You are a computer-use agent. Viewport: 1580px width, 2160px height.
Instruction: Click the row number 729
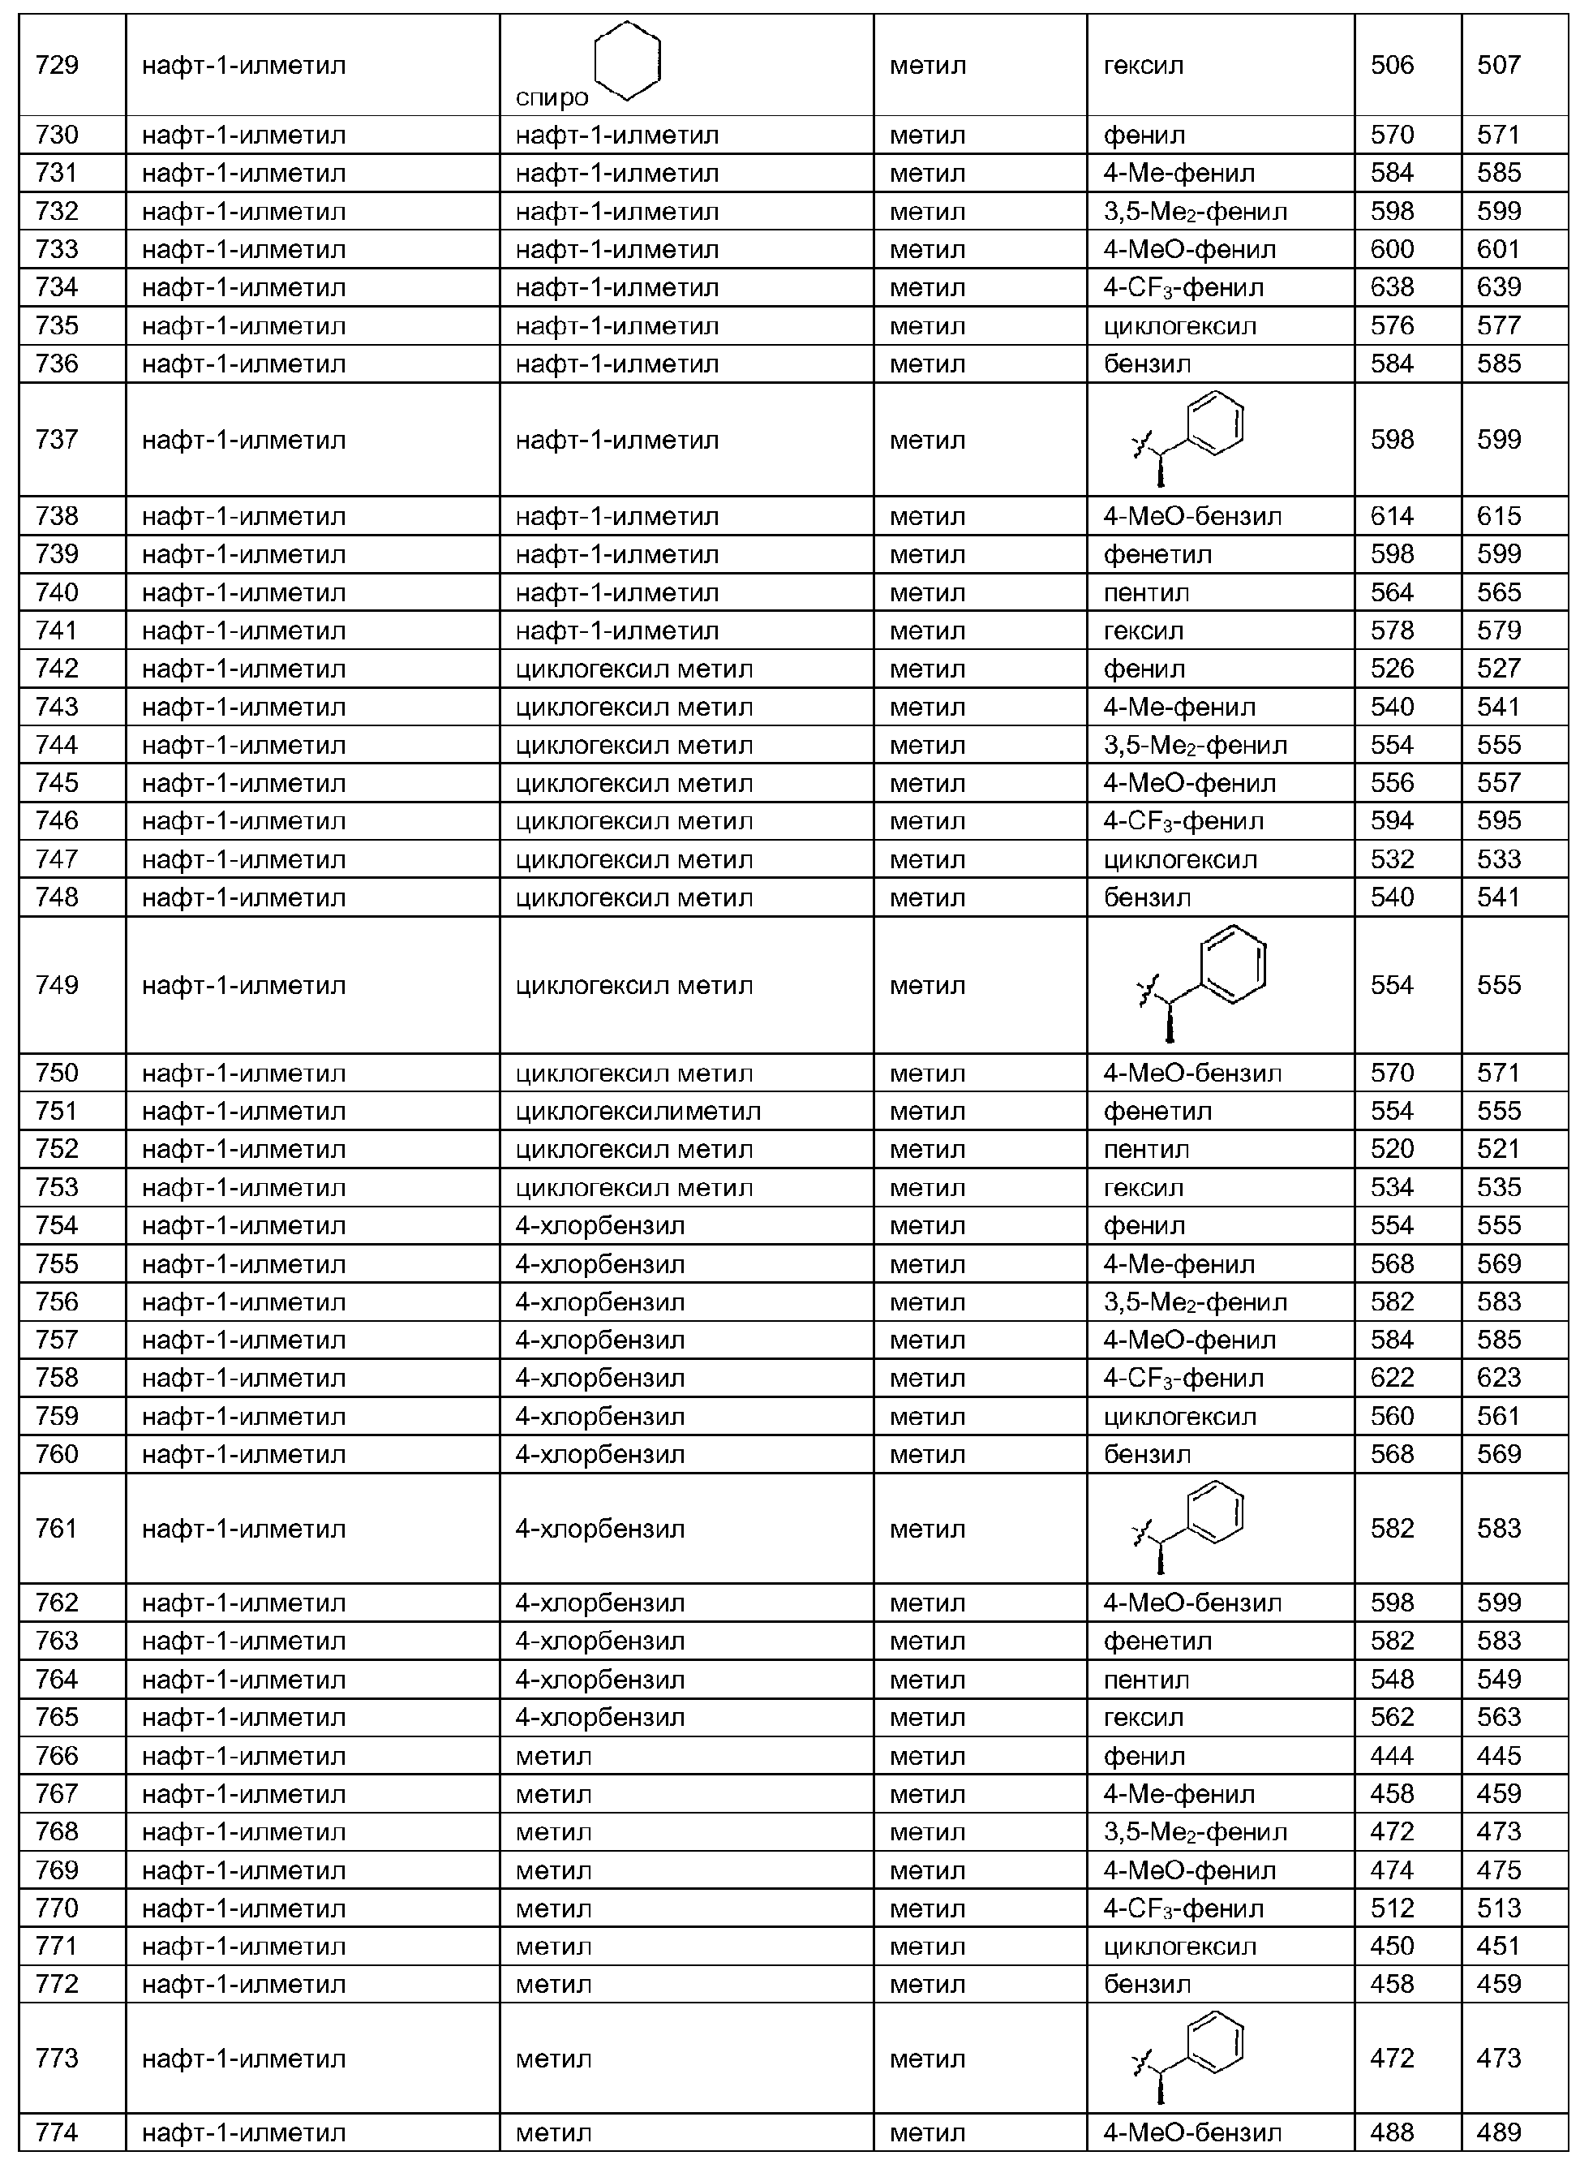point(57,65)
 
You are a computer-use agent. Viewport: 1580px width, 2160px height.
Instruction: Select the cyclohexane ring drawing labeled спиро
point(626,60)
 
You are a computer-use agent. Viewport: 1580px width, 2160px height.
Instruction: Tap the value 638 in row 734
point(1392,287)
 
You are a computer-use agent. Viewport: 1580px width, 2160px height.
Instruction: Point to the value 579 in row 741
point(1498,630)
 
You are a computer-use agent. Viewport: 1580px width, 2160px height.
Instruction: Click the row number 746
point(57,821)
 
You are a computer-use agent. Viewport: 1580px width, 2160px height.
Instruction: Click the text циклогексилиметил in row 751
point(638,1112)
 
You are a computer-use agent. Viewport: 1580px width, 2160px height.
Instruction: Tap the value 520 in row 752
point(1392,1149)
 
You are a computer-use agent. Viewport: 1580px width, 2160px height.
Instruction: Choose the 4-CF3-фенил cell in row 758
point(1183,1379)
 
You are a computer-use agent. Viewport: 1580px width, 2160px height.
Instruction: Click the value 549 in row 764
point(1498,1679)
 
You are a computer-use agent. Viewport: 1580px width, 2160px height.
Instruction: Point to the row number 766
point(57,1755)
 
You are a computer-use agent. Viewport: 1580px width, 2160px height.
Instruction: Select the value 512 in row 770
point(1392,1908)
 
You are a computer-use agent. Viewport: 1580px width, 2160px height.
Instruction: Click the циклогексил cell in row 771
point(1179,1947)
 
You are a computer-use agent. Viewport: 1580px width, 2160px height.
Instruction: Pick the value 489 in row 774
point(1498,2132)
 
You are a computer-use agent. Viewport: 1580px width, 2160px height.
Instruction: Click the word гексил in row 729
point(1143,66)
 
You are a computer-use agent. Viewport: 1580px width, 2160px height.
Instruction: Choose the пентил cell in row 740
point(1146,593)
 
